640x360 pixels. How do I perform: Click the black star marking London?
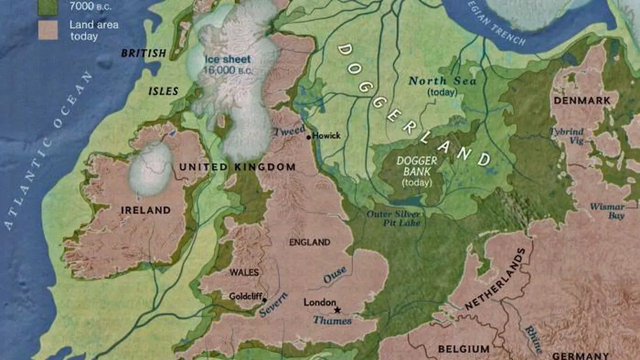tap(337, 310)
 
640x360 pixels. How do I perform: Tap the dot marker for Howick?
tap(308, 136)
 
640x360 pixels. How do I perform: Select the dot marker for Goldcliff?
tap(264, 300)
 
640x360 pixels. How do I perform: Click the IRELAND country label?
tap(145, 210)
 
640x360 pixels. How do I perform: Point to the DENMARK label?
tap(582, 100)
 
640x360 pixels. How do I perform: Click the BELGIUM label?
tap(463, 348)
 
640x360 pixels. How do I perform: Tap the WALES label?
tap(244, 272)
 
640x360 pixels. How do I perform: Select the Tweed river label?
tap(289, 131)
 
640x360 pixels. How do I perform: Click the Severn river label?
tap(273, 305)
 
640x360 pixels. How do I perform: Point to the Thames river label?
tap(332, 320)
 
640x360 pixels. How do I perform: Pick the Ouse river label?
tap(334, 274)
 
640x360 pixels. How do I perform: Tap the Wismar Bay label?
tap(607, 211)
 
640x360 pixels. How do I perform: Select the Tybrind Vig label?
tap(567, 136)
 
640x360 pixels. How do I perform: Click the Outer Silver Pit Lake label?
tap(393, 218)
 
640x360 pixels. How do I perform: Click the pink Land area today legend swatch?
tap(48, 30)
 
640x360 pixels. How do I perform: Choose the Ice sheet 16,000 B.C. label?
tap(227, 64)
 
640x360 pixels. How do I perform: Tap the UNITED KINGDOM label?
tap(237, 167)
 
